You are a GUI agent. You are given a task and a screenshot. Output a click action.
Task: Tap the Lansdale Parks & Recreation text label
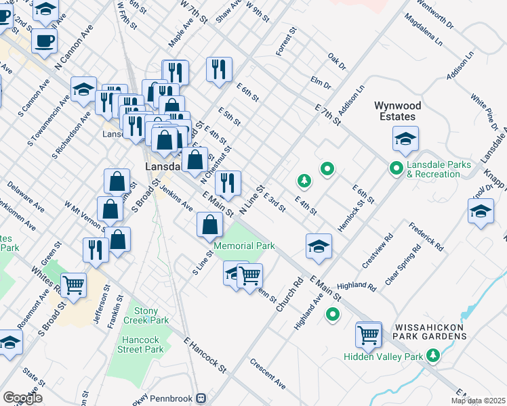pos(433,169)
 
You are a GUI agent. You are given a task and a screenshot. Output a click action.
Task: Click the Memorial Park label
pos(244,246)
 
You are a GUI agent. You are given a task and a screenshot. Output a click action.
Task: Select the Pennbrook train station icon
pos(201,398)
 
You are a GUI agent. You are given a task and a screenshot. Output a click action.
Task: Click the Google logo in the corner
pos(22,397)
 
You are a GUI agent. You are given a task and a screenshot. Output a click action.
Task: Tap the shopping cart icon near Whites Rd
pos(73,285)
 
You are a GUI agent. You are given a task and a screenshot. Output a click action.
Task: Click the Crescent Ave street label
pos(268,374)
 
